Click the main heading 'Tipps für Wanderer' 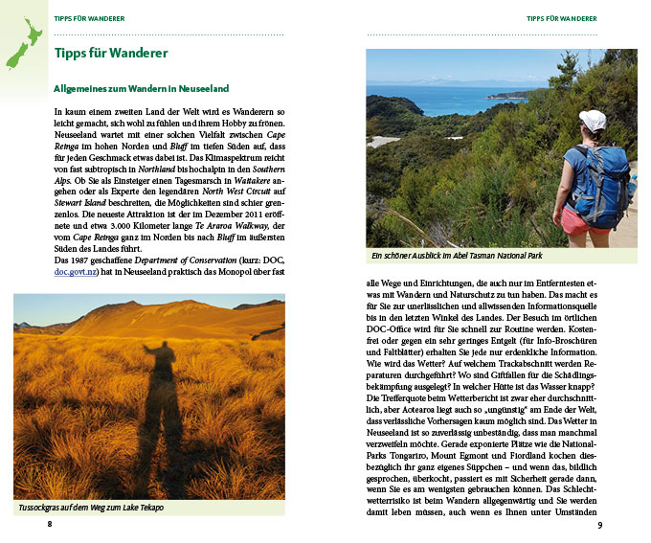111,54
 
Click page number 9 599,525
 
